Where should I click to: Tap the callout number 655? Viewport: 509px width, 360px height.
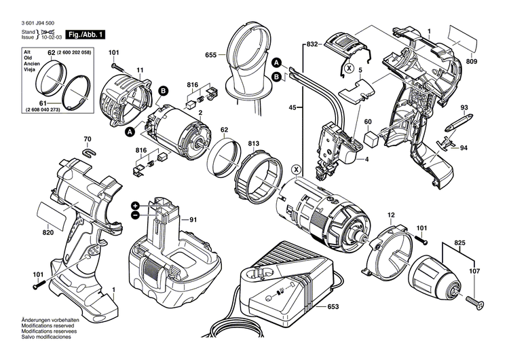[x=212, y=56]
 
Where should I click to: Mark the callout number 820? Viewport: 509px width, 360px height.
[x=47, y=232]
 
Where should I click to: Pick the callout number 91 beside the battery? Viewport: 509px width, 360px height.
[x=192, y=219]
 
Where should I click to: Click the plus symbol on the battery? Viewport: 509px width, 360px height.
[x=136, y=204]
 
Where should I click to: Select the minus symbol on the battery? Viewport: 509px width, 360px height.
[x=136, y=214]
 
